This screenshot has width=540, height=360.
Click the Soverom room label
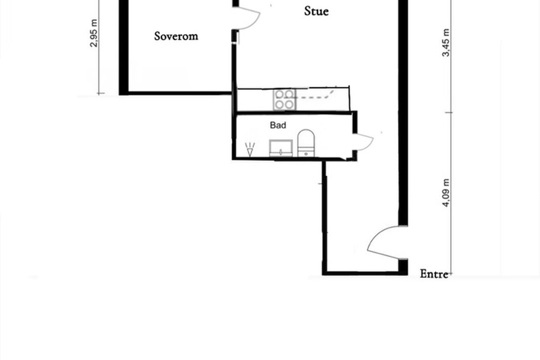pyautogui.click(x=176, y=36)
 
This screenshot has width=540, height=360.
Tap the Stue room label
pyautogui.click(x=316, y=11)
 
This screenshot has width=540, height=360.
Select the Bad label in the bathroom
pyautogui.click(x=278, y=125)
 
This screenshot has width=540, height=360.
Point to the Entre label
pyautogui.click(x=434, y=274)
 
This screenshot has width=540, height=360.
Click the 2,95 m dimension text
pyautogui.click(x=94, y=33)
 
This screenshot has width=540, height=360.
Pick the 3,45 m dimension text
pyautogui.click(x=446, y=43)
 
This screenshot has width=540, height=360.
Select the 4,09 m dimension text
pyautogui.click(x=446, y=193)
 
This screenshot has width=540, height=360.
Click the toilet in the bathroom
pyautogui.click(x=306, y=143)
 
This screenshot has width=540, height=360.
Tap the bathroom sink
pyautogui.click(x=281, y=148)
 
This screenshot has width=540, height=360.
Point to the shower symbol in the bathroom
pyautogui.click(x=250, y=149)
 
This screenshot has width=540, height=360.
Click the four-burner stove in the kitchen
pyautogui.click(x=284, y=100)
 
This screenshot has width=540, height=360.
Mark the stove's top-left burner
pyautogui.click(x=279, y=94)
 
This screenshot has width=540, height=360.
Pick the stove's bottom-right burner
pyautogui.click(x=289, y=104)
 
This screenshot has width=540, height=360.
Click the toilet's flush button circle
pyautogui.click(x=306, y=154)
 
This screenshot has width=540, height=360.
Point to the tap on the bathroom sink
pyautogui.click(x=281, y=152)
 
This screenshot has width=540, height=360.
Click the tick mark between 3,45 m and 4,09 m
pyautogui.click(x=451, y=112)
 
